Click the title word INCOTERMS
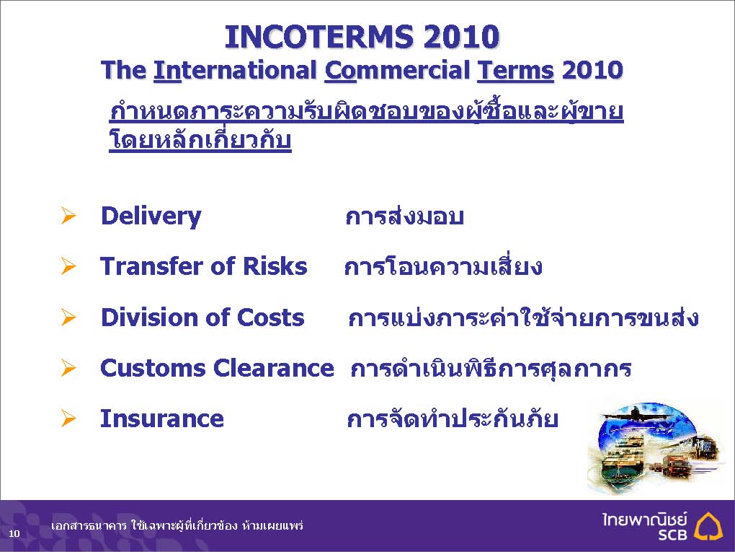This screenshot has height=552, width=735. (x=319, y=37)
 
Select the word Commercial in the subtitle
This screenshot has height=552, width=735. (x=397, y=71)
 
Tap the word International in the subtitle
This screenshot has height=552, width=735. (x=235, y=71)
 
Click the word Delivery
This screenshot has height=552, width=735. (x=151, y=216)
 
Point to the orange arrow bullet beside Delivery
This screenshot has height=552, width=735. (x=68, y=216)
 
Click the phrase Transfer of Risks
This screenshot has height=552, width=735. (x=203, y=266)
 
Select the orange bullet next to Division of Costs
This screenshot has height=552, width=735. (x=68, y=317)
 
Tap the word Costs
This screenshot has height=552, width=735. (x=270, y=317)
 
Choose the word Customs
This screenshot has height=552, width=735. (x=153, y=368)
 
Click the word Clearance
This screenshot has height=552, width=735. (x=273, y=368)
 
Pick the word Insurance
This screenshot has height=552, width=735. (x=161, y=419)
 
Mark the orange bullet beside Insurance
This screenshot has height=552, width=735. (x=68, y=419)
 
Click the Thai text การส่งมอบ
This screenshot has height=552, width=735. (x=404, y=216)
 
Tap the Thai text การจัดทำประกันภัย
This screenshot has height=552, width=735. (x=453, y=418)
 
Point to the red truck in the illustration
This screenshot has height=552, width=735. (x=677, y=465)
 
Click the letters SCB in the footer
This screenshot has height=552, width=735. (x=672, y=534)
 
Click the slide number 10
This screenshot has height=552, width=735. (x=14, y=533)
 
